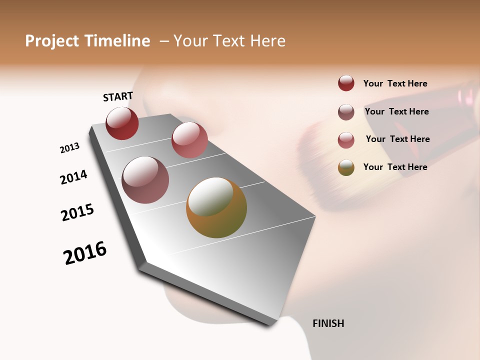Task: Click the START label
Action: pos(118,96)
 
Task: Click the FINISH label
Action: pos(328,323)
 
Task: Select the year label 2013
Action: pos(69,148)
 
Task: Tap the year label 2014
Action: pos(73,177)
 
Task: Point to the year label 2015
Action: pos(77,212)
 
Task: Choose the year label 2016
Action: pos(85,253)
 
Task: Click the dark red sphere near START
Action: pos(122,123)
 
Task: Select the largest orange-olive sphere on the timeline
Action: pos(216,207)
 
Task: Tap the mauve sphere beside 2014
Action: pos(145,180)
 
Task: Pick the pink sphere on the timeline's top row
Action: pos(189,140)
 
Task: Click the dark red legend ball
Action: pos(346,83)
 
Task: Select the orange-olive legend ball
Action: pos(346,167)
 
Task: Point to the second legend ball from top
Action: pos(346,112)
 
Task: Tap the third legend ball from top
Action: pos(346,140)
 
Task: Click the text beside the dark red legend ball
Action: pos(395,83)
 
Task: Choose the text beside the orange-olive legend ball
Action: pos(395,167)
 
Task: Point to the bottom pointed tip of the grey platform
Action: pos(270,325)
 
